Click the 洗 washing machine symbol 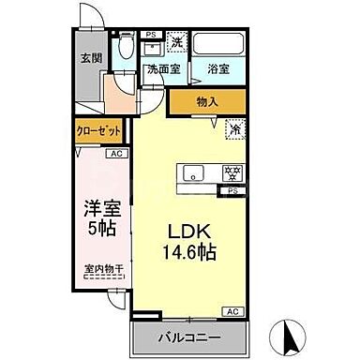pos(175,43)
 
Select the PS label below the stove pos(230,190)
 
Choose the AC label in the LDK pos(230,310)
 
